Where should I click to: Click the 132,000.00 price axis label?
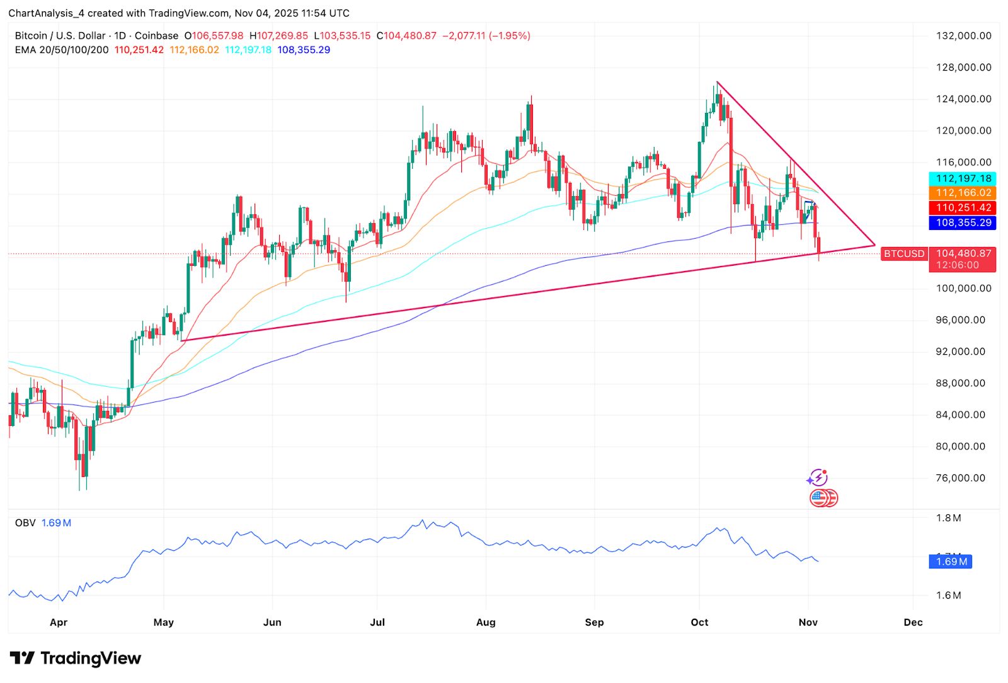pos(963,36)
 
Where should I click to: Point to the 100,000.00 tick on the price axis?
pos(963,289)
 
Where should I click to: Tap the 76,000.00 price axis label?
pos(960,478)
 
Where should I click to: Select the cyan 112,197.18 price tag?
pos(963,179)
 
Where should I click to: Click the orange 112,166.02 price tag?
pos(963,193)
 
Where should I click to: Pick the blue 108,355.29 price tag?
pos(963,223)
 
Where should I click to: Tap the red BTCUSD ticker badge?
pos(903,254)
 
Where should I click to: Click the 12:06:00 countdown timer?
pos(957,265)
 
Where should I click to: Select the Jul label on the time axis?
pos(377,623)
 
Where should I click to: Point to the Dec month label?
pos(913,623)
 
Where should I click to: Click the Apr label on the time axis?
pos(58,623)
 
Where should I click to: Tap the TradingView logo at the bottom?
pos(76,658)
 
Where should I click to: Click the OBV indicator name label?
pos(25,523)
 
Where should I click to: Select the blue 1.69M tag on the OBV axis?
pos(951,561)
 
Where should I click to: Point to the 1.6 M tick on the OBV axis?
pos(948,595)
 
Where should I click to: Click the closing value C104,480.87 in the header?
pos(406,36)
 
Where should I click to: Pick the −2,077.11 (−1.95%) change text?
pos(486,36)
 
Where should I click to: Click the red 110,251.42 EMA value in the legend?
pos(139,50)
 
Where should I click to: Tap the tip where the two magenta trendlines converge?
pos(874,245)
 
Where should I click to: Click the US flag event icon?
pos(818,498)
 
